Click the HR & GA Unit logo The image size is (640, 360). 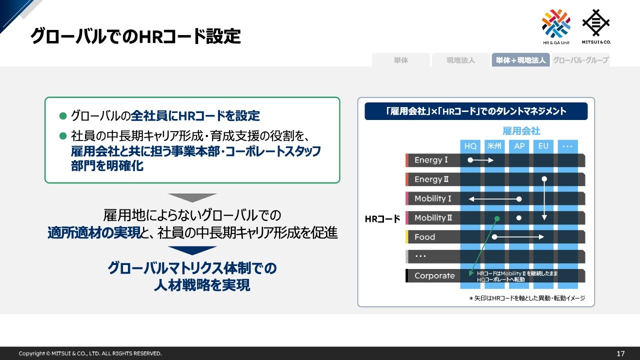point(556,27)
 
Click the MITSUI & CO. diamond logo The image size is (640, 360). point(596,26)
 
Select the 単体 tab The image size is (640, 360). point(401,60)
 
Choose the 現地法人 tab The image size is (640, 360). point(460,60)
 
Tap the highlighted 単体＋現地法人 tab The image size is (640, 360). point(520,60)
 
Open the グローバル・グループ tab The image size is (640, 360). point(580,60)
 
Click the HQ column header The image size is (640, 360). point(470,146)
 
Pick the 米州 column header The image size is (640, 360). point(494,146)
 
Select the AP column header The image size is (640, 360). point(519,146)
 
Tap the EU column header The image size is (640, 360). point(543,146)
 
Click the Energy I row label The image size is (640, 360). point(431,160)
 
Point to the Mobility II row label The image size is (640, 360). point(433,218)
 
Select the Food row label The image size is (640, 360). point(424,237)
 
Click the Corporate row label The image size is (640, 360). point(434,275)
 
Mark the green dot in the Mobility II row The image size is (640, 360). point(497,218)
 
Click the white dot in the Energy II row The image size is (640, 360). point(544,179)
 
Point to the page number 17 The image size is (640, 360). point(620,353)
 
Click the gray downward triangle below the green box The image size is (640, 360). point(192,197)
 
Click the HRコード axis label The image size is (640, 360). point(382,219)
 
